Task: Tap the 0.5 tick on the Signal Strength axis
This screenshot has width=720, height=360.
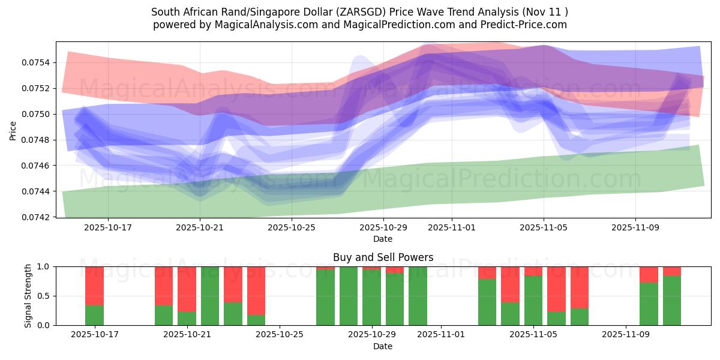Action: tap(44, 296)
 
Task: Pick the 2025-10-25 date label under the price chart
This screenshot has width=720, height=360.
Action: tap(292, 228)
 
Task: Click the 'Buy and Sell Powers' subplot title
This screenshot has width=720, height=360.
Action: tap(383, 257)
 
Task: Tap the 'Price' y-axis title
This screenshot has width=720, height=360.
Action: tap(13, 130)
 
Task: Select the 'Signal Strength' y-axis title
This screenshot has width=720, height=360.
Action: tap(28, 295)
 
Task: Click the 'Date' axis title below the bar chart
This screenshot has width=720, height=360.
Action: tap(383, 346)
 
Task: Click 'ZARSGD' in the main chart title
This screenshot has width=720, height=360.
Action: tap(377, 12)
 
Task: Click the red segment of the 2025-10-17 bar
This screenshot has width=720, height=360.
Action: tap(94, 286)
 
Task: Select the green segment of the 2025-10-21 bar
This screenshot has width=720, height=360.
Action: tap(187, 318)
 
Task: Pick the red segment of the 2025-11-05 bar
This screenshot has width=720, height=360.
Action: tap(533, 271)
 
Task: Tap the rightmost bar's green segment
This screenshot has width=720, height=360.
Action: tap(672, 300)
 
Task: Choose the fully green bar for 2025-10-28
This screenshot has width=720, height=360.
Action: tap(349, 296)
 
